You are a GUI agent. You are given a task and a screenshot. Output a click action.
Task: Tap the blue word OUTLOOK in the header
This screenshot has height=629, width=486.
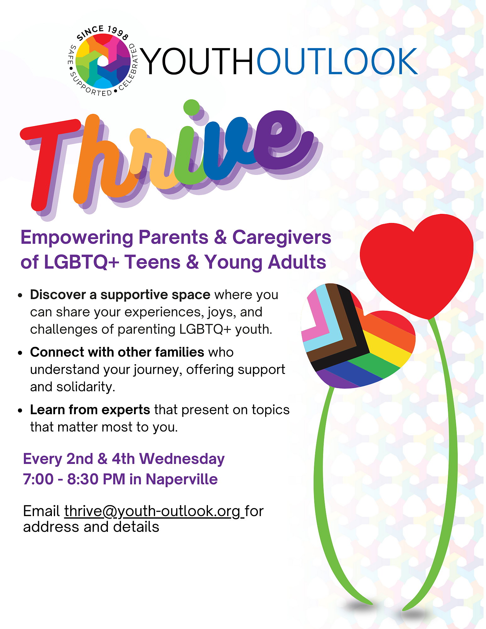pyautogui.click(x=337, y=61)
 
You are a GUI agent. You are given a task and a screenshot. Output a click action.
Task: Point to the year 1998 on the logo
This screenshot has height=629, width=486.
pyautogui.click(x=118, y=33)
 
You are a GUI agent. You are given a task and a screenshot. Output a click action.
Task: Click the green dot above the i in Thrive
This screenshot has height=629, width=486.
pyautogui.click(x=191, y=108)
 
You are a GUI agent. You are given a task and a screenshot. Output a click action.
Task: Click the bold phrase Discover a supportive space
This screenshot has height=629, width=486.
pyautogui.click(x=120, y=295)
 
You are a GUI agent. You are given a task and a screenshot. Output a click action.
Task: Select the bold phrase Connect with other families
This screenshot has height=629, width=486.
pyautogui.click(x=117, y=352)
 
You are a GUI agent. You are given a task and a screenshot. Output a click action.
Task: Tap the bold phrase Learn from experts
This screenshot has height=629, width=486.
pyautogui.click(x=90, y=410)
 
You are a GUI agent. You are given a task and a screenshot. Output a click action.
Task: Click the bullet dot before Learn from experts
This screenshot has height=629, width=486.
pyautogui.click(x=20, y=411)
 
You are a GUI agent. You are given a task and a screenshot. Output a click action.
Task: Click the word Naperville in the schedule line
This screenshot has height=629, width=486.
pyautogui.click(x=182, y=480)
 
